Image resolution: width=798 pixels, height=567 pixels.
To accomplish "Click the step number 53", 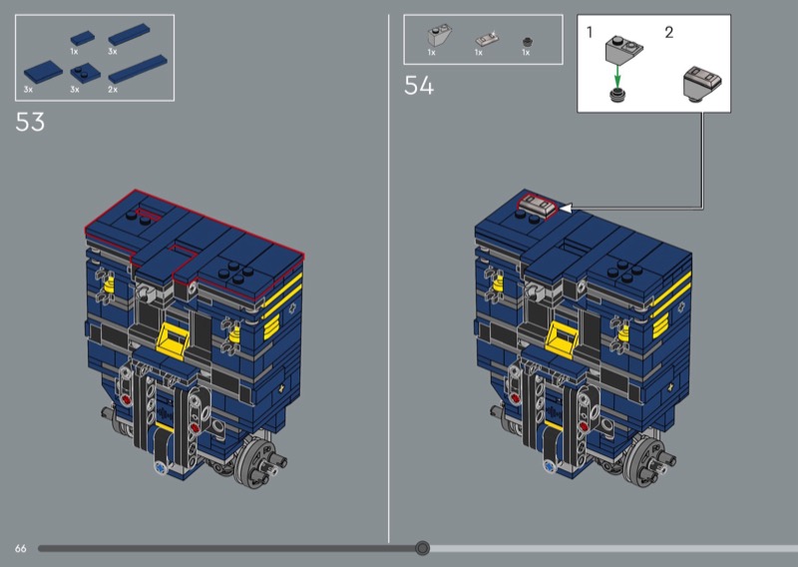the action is [30, 122].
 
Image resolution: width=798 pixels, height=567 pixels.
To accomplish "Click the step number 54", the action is [419, 86].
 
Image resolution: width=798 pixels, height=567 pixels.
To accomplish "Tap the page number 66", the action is [20, 549].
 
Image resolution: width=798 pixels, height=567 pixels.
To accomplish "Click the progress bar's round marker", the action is [422, 548].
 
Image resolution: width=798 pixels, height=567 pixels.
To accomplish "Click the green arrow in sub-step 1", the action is [617, 76].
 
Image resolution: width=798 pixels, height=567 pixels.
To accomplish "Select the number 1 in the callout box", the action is [590, 33].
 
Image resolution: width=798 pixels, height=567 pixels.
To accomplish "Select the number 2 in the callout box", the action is [669, 33].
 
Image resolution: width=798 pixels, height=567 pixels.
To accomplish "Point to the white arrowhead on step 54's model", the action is [566, 208].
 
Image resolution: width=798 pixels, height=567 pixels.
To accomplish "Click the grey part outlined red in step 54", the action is [537, 207].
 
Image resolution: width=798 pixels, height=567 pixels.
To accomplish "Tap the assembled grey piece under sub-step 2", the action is [702, 83].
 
